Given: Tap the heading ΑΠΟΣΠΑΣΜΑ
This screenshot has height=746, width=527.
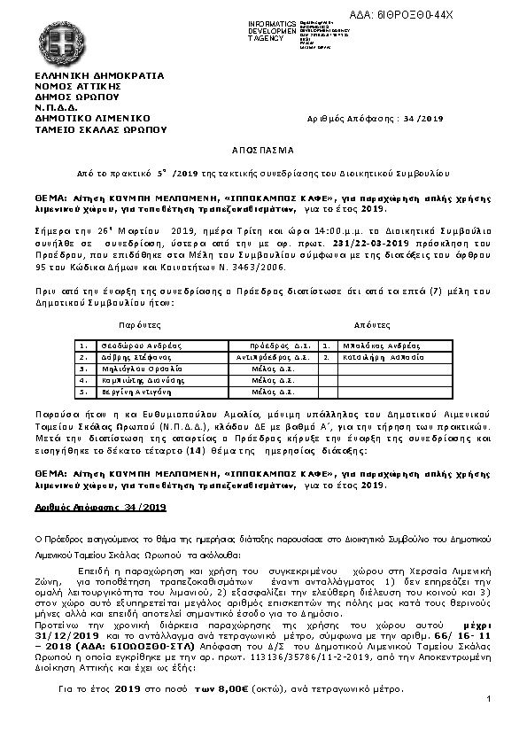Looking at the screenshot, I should click(263, 151).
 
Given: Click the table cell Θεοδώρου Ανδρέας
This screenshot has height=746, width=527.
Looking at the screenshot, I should click(128, 346).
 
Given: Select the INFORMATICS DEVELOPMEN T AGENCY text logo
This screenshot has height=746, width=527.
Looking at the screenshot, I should click(273, 28).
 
